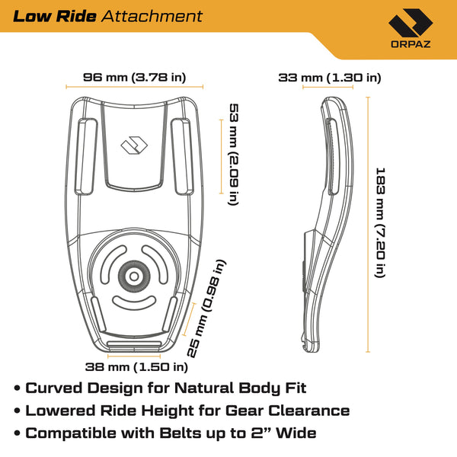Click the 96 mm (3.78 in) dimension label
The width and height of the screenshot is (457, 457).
(x=134, y=77)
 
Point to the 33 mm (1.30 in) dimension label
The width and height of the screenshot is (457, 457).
(x=330, y=77)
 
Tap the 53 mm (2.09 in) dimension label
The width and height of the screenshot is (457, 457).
(x=232, y=152)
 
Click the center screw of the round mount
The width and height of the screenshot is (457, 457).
(x=138, y=276)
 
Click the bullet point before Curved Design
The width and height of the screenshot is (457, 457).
(x=17, y=388)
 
